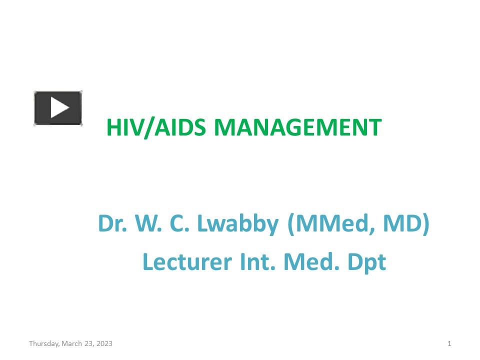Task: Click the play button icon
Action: [58, 108]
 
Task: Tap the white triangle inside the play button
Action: [59, 107]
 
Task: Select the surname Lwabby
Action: [237, 224]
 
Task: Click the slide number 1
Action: [449, 343]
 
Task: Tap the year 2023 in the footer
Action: [104, 343]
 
